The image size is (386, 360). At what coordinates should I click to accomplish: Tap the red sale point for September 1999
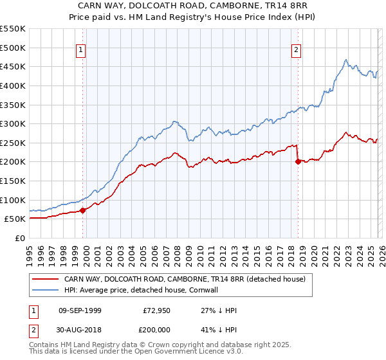coord(82,210)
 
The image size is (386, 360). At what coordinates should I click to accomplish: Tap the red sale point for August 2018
coord(298,162)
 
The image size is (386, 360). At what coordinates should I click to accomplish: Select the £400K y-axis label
coord(13,85)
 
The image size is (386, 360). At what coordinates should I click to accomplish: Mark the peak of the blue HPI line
coord(345,60)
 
